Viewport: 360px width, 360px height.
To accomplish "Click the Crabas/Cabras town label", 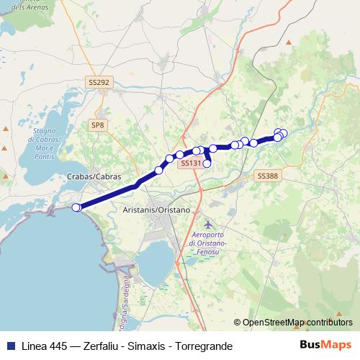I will pos(94,176).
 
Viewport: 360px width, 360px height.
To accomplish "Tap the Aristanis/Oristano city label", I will pos(156,209).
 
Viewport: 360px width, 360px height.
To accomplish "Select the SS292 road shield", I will pos(99,83).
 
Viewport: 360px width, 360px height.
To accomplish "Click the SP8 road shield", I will pos(97,125).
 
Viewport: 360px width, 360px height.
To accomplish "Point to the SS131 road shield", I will pos(189,163).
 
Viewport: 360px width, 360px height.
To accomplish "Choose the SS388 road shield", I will pos(266,176).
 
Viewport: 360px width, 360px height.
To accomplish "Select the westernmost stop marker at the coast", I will pos(76,207).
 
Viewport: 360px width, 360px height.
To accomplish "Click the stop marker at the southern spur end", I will pos(207,163).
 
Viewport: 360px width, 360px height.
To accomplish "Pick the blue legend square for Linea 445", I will pos(11,346).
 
